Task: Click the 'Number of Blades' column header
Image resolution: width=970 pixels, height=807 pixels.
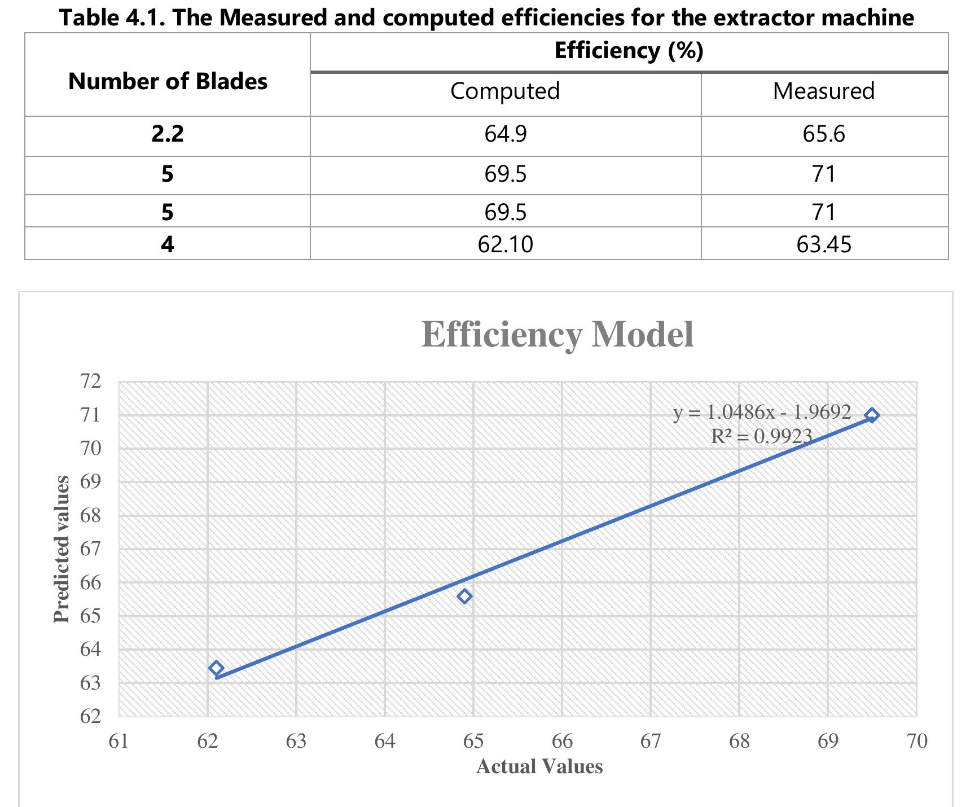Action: pos(168,82)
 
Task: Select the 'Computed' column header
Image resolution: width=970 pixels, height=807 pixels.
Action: pos(505,91)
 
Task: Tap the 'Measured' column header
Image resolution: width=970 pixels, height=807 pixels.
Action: pos(824,91)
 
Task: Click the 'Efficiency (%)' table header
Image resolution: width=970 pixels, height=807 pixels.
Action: pos(629,51)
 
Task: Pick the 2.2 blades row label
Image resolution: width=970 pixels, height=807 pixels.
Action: pos(168,134)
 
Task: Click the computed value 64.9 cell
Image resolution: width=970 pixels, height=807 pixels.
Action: pos(506,134)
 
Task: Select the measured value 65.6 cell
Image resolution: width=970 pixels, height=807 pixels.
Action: pos(824,134)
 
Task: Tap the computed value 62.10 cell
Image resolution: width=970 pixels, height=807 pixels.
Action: pos(505,244)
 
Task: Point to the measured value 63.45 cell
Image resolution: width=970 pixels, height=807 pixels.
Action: pos(824,244)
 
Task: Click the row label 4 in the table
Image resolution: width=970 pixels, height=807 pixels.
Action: pos(168,244)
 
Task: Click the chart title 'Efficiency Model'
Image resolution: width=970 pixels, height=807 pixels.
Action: pos(558,335)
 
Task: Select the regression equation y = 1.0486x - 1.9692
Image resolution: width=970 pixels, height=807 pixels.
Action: pos(762,413)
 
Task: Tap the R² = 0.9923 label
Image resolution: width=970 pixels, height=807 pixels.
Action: pos(761,436)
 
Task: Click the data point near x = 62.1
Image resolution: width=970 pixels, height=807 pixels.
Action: pos(216,668)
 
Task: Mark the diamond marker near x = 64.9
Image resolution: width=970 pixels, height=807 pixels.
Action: pos(464,597)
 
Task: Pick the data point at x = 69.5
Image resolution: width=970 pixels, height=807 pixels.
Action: pos(872,415)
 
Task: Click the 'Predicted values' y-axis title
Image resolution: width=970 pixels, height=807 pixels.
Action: pos(62,550)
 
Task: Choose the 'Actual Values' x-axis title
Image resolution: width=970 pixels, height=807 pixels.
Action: pos(539,766)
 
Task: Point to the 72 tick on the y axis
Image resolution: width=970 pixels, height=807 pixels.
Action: pos(91,381)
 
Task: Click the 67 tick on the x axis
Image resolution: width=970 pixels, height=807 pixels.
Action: pos(651,741)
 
